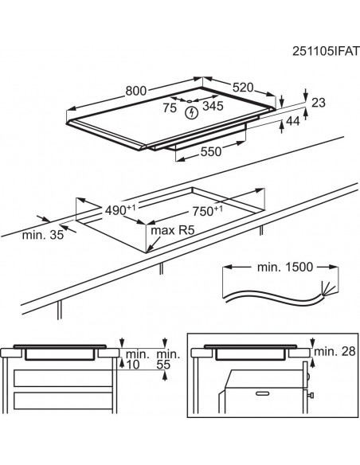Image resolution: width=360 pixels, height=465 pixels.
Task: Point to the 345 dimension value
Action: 213,104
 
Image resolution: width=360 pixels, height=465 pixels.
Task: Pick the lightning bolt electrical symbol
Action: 190,113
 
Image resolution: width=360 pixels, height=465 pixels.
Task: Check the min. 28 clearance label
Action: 332,351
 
